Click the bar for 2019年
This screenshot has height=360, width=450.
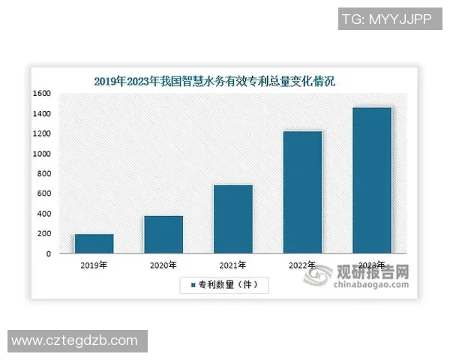(x=94, y=244)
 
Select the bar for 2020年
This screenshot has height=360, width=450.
(x=163, y=235)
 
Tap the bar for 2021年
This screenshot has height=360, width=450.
(x=233, y=219)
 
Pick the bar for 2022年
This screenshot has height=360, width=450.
(x=302, y=192)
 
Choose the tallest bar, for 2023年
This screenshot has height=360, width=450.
(x=372, y=180)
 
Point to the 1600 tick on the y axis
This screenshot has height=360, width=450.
(x=42, y=93)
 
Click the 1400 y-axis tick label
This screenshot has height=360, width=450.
(x=42, y=113)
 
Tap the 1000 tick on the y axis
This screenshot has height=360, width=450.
(x=42, y=154)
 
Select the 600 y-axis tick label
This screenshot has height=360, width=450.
(x=44, y=193)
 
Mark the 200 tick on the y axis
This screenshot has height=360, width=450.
(x=44, y=234)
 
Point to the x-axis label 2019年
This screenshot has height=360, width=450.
(x=94, y=265)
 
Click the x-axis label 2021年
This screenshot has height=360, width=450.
(x=233, y=265)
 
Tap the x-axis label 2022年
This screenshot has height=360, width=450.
(x=302, y=265)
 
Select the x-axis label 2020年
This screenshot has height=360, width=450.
(x=163, y=265)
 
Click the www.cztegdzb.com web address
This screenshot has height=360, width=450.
(x=74, y=341)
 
